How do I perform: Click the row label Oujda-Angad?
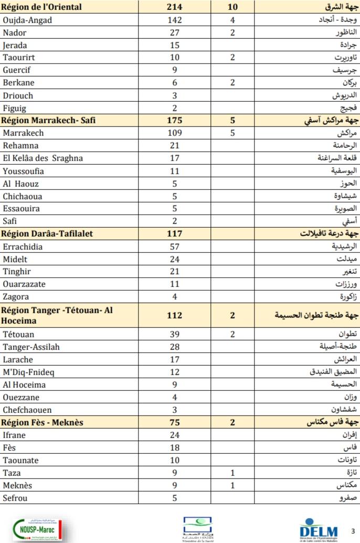click(x=28, y=20)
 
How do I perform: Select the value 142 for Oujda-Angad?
click(x=175, y=20)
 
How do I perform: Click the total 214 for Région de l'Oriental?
click(x=175, y=7)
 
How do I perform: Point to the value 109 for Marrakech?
click(x=175, y=133)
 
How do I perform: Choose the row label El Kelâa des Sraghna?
click(x=43, y=158)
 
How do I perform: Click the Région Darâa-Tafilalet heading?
click(x=48, y=234)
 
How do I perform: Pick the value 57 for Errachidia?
click(x=175, y=247)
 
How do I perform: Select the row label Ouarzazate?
click(x=24, y=284)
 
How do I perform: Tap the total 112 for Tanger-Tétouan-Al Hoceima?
click(x=175, y=315)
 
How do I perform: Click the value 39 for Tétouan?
click(x=175, y=334)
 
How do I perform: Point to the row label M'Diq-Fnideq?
click(x=28, y=372)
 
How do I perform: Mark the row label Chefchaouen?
click(x=27, y=410)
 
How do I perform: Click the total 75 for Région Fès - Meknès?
click(x=175, y=422)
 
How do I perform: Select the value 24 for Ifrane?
click(x=175, y=435)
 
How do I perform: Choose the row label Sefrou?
click(x=15, y=498)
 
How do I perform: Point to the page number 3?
click(x=352, y=530)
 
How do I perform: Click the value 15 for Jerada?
click(x=175, y=46)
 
